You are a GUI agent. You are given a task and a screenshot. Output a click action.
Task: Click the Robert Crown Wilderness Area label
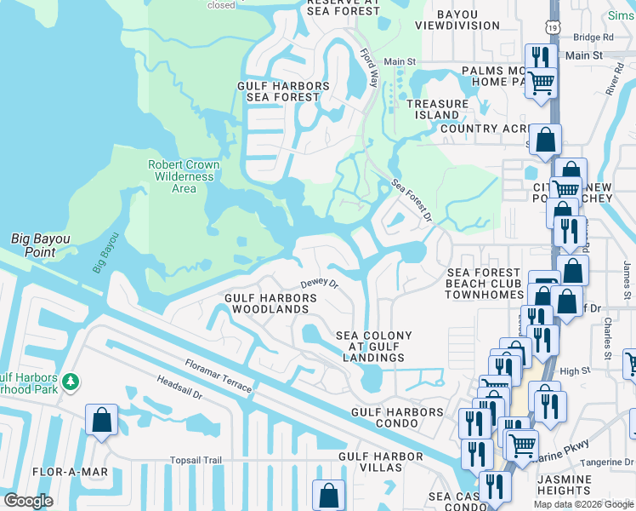[x=184, y=176]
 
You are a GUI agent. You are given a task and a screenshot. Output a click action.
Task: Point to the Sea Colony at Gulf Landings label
[x=373, y=347]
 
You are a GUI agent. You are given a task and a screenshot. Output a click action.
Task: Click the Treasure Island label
[x=437, y=109]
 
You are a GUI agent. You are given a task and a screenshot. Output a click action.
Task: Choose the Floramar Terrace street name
[x=219, y=376]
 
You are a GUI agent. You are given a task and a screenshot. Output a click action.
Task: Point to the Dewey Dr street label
[x=320, y=284]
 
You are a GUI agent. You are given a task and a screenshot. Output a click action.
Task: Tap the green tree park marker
[x=73, y=379]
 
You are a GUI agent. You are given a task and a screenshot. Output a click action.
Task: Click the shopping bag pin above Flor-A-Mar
[x=102, y=419]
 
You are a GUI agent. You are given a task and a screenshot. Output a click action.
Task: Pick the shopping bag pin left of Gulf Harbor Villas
[x=328, y=495]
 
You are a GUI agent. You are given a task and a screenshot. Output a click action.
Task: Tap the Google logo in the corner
[x=28, y=501]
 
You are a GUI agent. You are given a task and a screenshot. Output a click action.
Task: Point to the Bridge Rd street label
[x=593, y=37]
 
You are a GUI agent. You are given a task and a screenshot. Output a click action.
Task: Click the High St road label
[x=575, y=371]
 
